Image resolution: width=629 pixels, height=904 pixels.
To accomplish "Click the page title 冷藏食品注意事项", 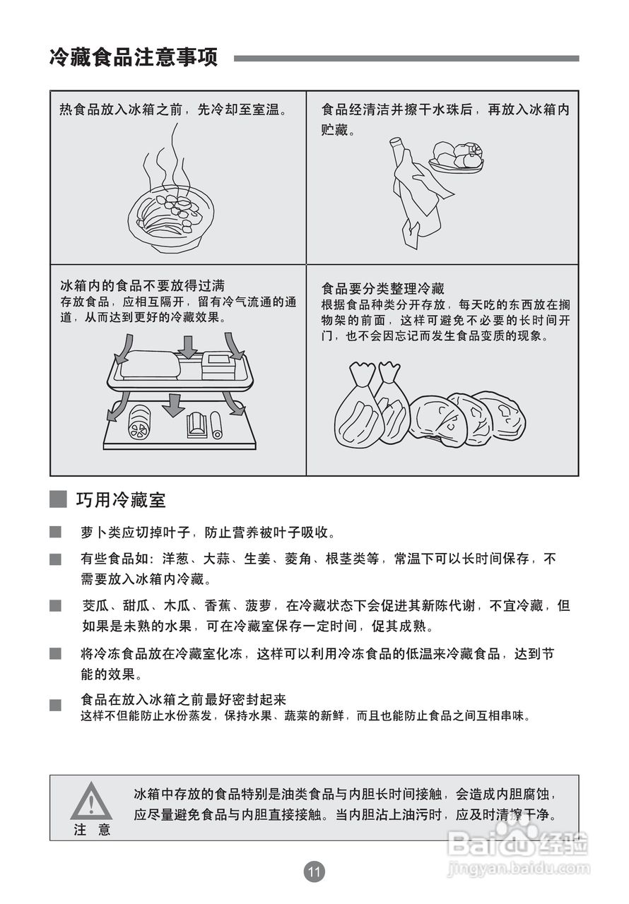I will point(134,57).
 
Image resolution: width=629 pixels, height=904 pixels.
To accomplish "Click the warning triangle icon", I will point(91,802).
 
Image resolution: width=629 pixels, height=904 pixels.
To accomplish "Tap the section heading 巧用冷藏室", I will point(121,500).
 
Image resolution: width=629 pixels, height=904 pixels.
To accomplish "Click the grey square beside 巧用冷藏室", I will point(58,500).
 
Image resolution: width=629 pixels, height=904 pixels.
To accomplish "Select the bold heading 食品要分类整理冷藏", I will point(382,288).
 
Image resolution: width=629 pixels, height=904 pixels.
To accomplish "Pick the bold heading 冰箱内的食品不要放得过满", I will point(142,285).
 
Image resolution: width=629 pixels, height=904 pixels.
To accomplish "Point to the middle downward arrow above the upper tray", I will point(187,346).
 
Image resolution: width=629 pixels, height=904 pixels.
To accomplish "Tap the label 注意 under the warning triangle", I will point(92,830).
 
